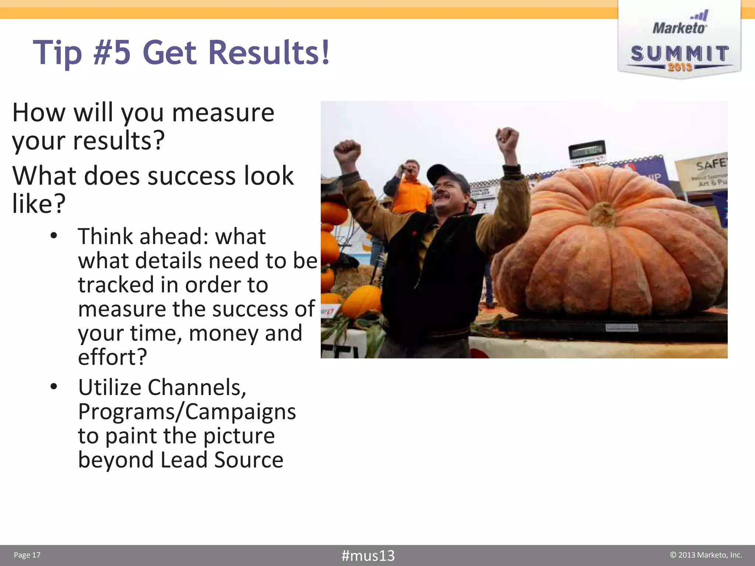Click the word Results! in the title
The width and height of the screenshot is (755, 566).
click(269, 52)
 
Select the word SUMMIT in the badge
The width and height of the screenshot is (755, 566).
click(679, 54)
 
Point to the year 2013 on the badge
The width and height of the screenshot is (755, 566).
click(680, 67)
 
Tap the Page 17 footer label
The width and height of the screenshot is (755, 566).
click(27, 555)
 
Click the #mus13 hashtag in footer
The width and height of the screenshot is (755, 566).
click(368, 555)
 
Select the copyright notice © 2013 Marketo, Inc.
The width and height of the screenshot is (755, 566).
click(706, 555)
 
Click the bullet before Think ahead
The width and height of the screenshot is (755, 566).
click(54, 236)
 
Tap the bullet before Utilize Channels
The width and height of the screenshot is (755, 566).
click(54, 387)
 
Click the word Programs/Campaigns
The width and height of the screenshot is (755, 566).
click(187, 412)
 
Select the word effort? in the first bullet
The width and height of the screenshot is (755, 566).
click(112, 357)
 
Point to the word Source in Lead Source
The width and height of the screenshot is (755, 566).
click(248, 460)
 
